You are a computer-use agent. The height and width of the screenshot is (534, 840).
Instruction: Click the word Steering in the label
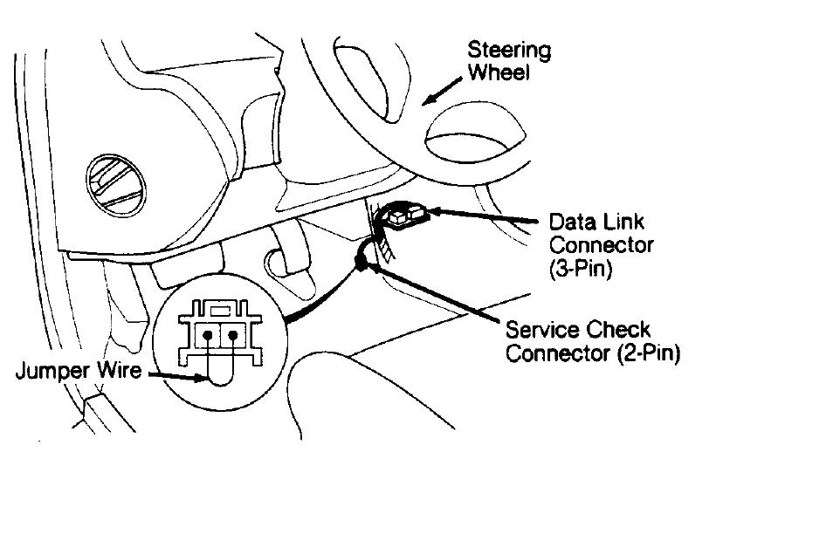[509, 51]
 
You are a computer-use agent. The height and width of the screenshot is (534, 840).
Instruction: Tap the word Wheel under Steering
[499, 72]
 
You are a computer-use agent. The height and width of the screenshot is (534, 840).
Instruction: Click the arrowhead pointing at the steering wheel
[427, 101]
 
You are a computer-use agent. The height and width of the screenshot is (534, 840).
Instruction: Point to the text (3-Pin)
[581, 270]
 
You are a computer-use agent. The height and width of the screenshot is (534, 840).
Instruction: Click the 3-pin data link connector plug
[404, 214]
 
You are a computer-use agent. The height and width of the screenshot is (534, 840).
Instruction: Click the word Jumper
[52, 371]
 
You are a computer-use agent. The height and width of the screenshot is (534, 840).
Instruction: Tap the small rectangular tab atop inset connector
[219, 308]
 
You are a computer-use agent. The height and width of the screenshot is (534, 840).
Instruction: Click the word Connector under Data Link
[602, 245]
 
